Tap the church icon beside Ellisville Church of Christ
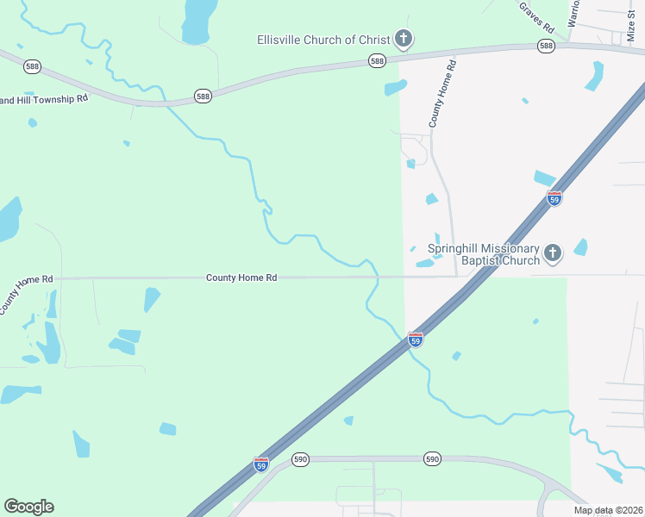[x=403, y=38]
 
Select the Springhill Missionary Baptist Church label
[x=484, y=253]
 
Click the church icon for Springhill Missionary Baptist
[x=553, y=253]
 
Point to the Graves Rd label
[x=535, y=16]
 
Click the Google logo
[x=28, y=507]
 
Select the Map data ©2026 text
[x=609, y=510]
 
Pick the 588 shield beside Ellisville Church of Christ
[x=377, y=60]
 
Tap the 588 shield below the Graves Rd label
[x=545, y=46]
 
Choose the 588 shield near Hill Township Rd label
[x=202, y=96]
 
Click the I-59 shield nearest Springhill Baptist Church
[x=554, y=198]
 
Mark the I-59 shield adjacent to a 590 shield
[x=261, y=464]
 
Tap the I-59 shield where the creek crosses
[x=416, y=339]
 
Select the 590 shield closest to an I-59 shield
[x=299, y=459]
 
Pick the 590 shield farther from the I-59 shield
[x=433, y=459]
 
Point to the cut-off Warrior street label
[x=573, y=11]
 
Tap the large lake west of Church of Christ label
[x=197, y=22]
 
